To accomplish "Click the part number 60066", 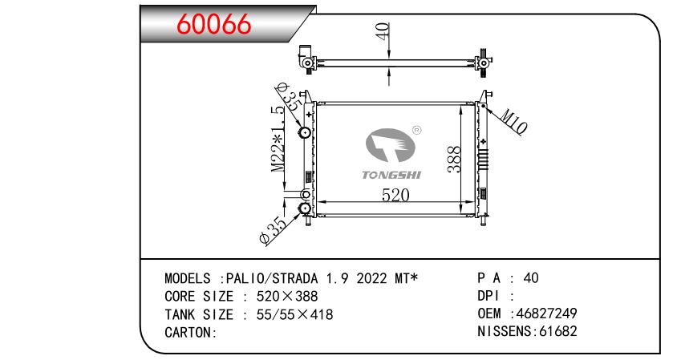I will tap(213, 25).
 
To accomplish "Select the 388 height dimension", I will tap(454, 160).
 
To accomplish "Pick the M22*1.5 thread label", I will tap(278, 140).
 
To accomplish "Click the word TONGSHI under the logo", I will tap(391, 173).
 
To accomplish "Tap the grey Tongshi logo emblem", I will tap(391, 146).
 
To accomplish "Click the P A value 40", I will tap(530, 278).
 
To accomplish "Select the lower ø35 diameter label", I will tap(274, 229).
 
